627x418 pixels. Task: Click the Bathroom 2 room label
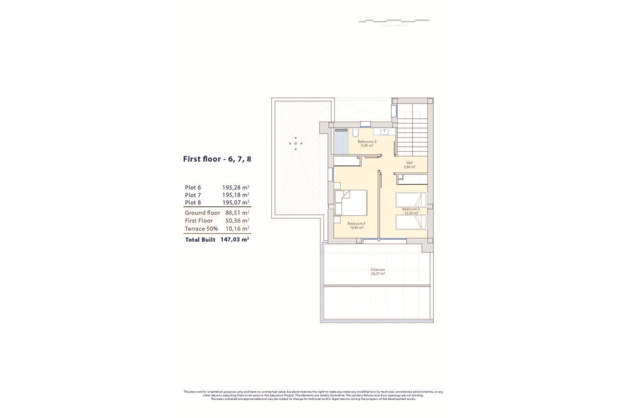[x=367, y=141]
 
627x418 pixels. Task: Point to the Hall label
[x=409, y=163]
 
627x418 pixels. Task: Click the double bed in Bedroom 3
[x=351, y=203]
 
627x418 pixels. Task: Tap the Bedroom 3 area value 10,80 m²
[x=356, y=228]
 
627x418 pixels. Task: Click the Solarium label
[x=378, y=270]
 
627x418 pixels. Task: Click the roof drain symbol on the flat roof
[x=296, y=143]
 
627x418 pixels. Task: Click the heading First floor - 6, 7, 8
[x=217, y=159]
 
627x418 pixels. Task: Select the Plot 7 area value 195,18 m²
[x=235, y=195]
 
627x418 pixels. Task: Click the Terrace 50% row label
[x=201, y=229]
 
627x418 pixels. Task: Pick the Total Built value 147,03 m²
[x=234, y=239]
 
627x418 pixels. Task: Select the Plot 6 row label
[x=193, y=187]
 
